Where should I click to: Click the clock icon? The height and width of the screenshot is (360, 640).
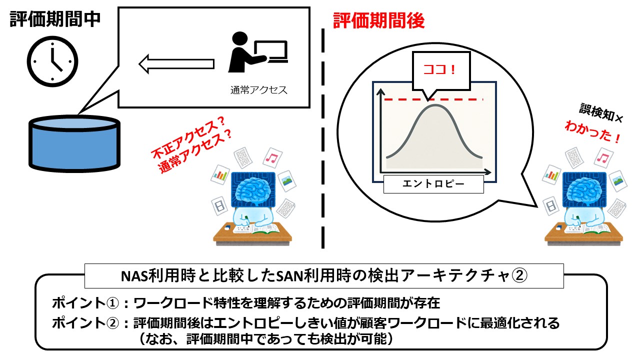coord(52,59)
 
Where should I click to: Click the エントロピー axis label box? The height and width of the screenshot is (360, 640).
coord(433,184)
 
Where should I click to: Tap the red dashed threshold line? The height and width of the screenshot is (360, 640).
coord(470,100)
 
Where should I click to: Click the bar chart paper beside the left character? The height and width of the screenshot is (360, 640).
coord(219,174)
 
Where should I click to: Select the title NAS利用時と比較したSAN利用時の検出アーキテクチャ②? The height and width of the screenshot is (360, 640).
coord(324,276)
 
